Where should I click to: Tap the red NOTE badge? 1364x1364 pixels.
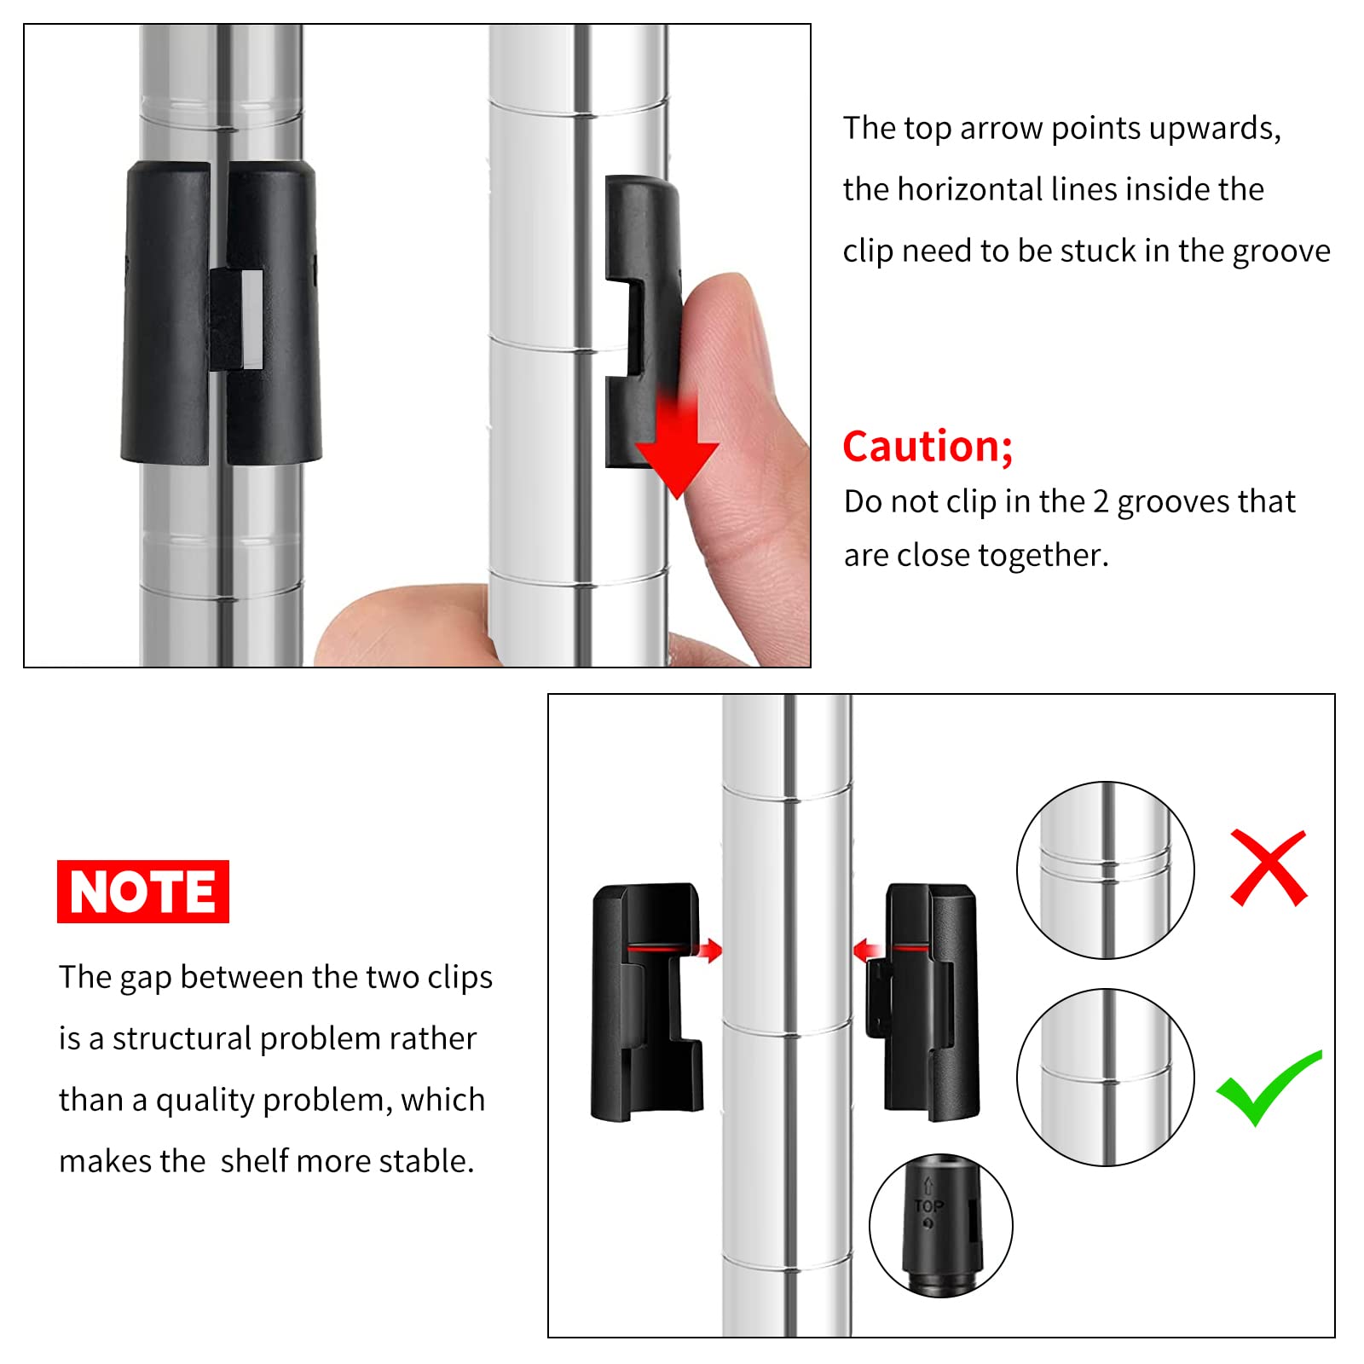click(143, 892)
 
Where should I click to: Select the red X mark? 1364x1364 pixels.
click(1269, 868)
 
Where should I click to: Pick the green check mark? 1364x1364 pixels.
click(1269, 1089)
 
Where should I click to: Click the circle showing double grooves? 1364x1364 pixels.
click(1106, 870)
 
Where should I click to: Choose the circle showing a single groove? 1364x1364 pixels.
click(1106, 1078)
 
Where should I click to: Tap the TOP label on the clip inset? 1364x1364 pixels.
click(929, 1205)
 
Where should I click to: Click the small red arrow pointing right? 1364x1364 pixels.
click(709, 950)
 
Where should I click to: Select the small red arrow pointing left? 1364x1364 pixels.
click(867, 950)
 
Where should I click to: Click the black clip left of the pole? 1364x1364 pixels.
click(647, 1002)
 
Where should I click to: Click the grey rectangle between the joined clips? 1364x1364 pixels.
click(252, 320)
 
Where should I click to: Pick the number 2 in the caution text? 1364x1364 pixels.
click(1101, 502)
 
